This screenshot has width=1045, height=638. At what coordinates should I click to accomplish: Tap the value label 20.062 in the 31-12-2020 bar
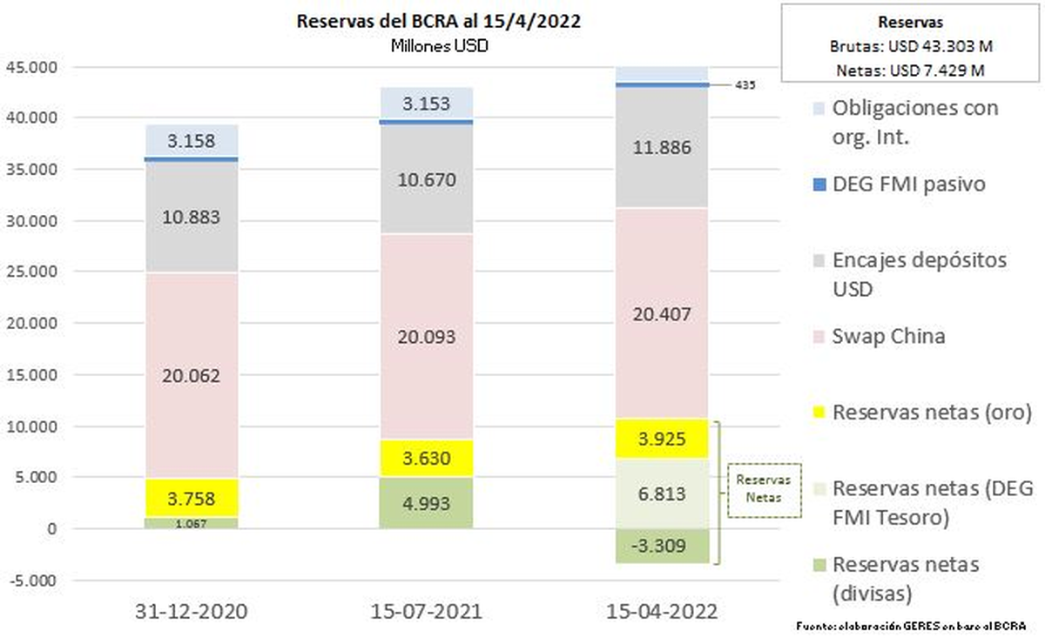(192, 376)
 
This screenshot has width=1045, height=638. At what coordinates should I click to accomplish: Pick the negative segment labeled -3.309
(663, 547)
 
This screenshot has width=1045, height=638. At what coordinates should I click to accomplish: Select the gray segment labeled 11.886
(663, 147)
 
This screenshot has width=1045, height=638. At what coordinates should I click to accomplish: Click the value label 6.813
(663, 494)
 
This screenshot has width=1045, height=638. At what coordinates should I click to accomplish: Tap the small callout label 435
(745, 85)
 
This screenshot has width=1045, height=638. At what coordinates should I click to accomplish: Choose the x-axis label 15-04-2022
(663, 611)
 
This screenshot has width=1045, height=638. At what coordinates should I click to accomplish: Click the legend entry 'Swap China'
(889, 336)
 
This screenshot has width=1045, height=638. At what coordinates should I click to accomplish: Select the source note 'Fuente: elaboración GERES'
(911, 626)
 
